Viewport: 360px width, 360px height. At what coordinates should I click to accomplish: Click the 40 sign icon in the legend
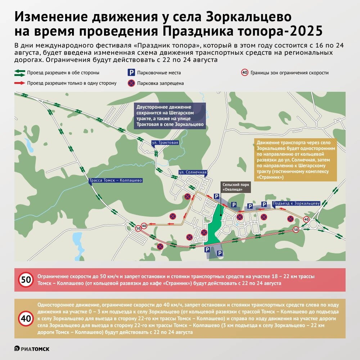[245, 73]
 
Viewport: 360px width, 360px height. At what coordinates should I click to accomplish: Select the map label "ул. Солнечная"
[193, 172]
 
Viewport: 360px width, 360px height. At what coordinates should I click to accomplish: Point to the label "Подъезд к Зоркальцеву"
[296, 203]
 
